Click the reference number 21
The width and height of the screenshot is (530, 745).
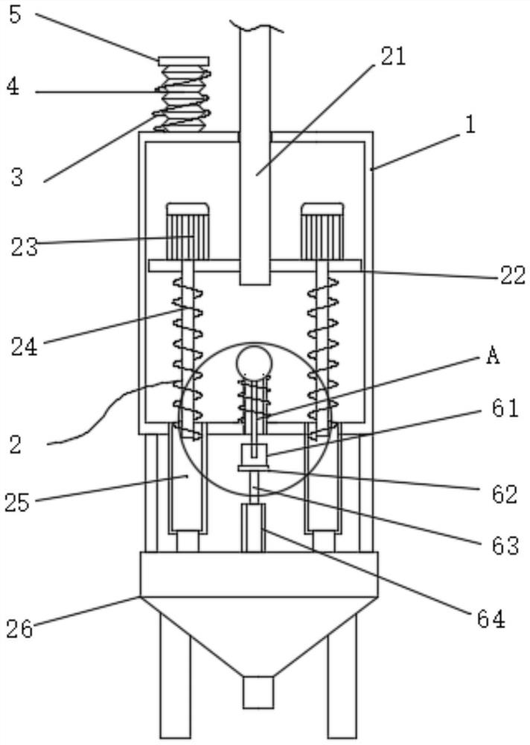[x=393, y=57]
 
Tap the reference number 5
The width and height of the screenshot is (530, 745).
[x=15, y=14]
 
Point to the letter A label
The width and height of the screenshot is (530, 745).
[x=493, y=355]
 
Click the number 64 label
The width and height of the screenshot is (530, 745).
[x=491, y=619]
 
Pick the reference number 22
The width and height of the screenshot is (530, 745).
[x=513, y=276]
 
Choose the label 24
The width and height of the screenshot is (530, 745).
[x=25, y=347]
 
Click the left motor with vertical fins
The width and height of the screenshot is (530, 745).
[x=188, y=232]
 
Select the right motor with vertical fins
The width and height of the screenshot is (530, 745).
[x=322, y=232]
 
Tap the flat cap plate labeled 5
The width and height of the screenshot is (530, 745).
[x=184, y=61]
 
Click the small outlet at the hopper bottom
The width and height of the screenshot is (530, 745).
[x=258, y=692]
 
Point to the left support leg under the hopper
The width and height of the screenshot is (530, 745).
[x=175, y=675]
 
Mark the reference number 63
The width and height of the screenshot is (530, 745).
[x=505, y=545]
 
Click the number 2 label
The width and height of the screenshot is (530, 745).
[x=15, y=445]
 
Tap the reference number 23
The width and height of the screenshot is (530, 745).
[x=25, y=247]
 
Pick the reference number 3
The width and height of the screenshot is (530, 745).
[x=17, y=177]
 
